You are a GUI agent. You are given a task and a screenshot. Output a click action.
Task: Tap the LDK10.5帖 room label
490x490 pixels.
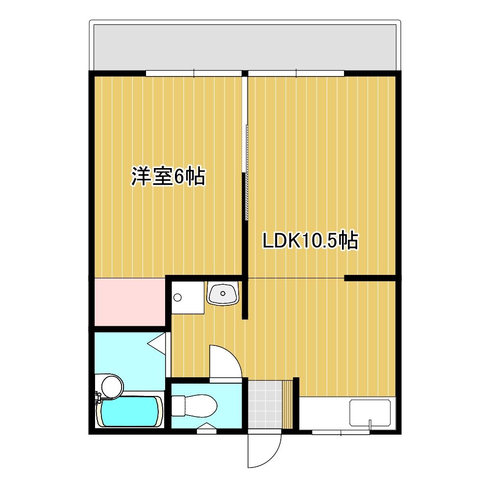[310, 241]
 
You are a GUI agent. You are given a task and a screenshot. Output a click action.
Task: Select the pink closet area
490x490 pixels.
[130, 302]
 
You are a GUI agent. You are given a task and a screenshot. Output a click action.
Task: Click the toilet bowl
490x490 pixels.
[195, 406]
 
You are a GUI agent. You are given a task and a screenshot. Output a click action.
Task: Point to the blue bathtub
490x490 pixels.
[129, 412]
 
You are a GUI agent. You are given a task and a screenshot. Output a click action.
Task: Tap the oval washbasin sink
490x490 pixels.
[223, 294]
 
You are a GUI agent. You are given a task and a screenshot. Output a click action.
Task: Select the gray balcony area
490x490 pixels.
[245, 48]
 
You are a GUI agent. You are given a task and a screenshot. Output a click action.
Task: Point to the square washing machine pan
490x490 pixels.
[188, 297]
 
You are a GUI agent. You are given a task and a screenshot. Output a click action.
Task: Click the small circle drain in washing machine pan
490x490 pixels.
[177, 297]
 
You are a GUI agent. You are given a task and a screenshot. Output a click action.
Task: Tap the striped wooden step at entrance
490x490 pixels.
[287, 404]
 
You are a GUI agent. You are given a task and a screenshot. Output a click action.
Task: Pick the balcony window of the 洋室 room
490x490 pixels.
[194, 73]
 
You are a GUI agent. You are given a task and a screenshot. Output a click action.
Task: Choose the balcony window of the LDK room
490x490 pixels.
[296, 73]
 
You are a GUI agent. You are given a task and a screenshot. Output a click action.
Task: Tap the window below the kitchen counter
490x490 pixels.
[341, 433]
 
